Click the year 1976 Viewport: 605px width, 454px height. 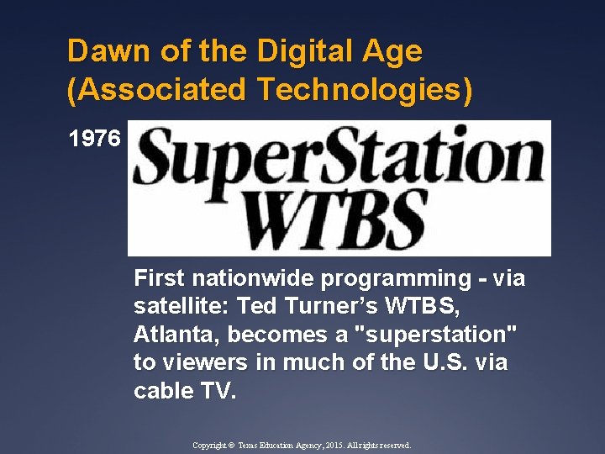pyautogui.click(x=95, y=139)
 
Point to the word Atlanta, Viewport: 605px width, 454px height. pyautogui.click(x=176, y=335)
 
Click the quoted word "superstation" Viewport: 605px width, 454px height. pyautogui.click(x=438, y=335)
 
